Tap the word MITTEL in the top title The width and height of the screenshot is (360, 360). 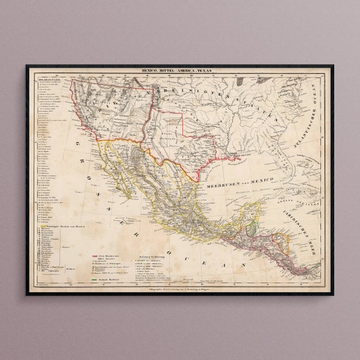click(168, 72)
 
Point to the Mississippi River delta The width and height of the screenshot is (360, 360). click(237, 159)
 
